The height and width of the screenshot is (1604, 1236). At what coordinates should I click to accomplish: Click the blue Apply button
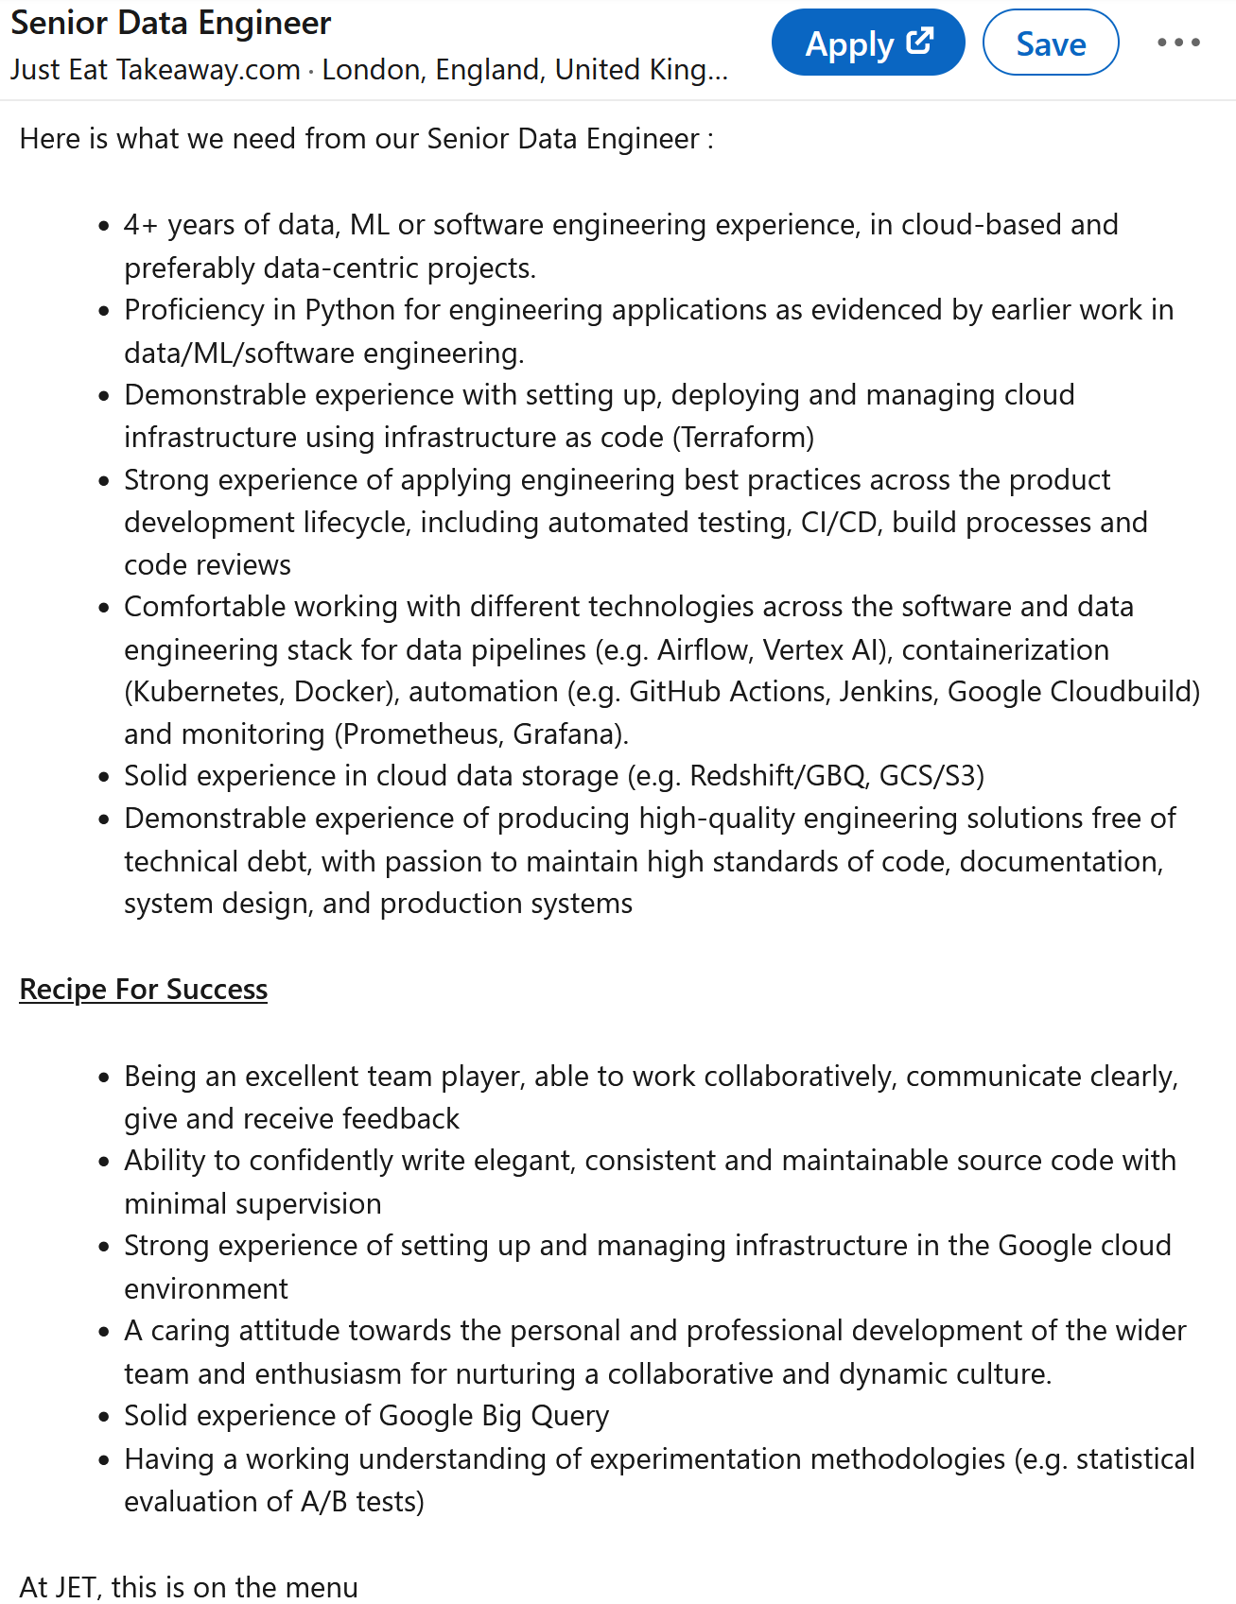(867, 43)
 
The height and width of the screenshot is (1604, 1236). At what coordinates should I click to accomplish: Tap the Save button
(1050, 43)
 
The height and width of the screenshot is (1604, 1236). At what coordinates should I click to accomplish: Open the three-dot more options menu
(1178, 43)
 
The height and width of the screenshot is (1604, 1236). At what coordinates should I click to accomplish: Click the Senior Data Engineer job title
(171, 23)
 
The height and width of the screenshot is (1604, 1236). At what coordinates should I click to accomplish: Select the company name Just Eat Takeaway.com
(155, 70)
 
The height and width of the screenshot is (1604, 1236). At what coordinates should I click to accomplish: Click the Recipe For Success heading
(144, 990)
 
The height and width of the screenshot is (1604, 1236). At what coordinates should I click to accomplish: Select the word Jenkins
(888, 692)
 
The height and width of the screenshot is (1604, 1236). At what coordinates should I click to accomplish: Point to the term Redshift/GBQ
(777, 776)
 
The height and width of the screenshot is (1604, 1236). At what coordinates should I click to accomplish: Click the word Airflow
(701, 650)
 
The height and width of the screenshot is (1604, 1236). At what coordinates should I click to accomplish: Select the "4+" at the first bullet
(141, 225)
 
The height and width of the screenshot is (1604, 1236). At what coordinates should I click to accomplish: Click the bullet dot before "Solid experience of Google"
(104, 1417)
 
